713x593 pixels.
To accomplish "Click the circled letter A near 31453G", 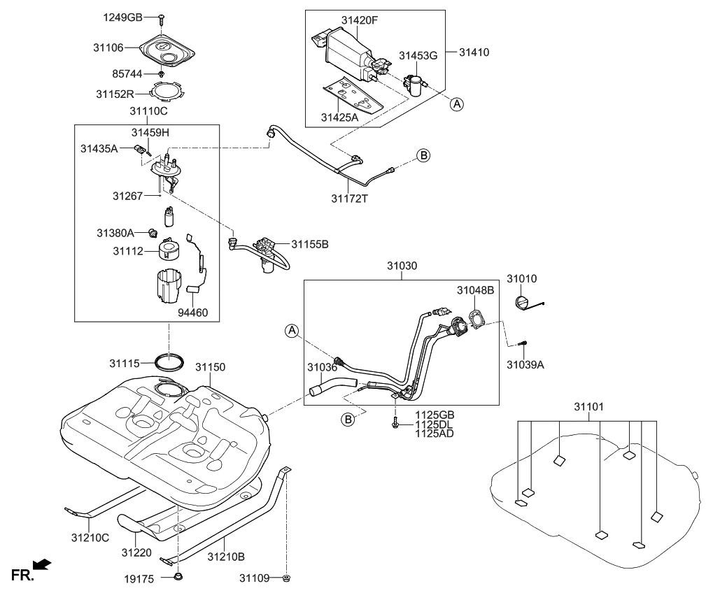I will click(x=456, y=104).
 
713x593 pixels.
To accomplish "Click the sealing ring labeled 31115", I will click(x=170, y=362).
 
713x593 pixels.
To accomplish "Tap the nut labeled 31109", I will click(x=288, y=578).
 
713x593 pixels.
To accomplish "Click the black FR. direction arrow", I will click(x=43, y=564).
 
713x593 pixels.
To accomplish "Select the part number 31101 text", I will click(x=588, y=406).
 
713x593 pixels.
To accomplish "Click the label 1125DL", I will click(x=435, y=424).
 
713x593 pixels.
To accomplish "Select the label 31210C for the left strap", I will click(x=90, y=537).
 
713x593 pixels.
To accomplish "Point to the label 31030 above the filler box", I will click(x=401, y=266).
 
